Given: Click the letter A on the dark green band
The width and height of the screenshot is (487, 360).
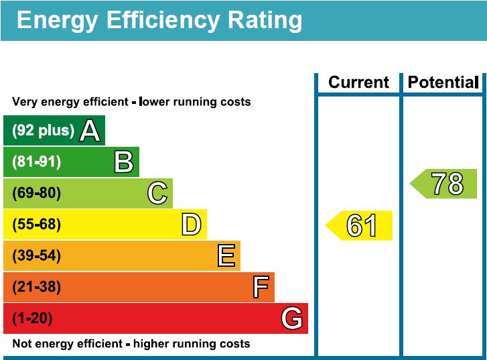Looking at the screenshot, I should pyautogui.click(x=90, y=131).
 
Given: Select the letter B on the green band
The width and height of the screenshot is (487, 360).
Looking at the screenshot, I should pyautogui.click(x=123, y=162).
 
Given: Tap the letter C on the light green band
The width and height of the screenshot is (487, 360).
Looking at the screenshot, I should pyautogui.click(x=157, y=194).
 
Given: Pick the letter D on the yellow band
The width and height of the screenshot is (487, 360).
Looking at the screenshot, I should pyautogui.click(x=191, y=225).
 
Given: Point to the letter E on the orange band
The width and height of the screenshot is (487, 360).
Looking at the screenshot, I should pyautogui.click(x=226, y=256).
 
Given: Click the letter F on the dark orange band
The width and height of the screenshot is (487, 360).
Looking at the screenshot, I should pyautogui.click(x=261, y=287).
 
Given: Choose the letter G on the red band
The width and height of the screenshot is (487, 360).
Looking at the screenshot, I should pyautogui.click(x=291, y=318).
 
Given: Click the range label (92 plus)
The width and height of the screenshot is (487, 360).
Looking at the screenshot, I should pyautogui.click(x=43, y=131).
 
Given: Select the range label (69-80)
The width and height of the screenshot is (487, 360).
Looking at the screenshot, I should pyautogui.click(x=36, y=194).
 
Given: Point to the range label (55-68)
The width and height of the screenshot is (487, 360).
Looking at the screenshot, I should pyautogui.click(x=36, y=225).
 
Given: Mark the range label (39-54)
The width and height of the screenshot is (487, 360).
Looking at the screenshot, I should pyautogui.click(x=36, y=256).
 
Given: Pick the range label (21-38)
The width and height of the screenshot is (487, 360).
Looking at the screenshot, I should pyautogui.click(x=36, y=287).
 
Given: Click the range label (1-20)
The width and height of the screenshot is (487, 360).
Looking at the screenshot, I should pyautogui.click(x=32, y=318).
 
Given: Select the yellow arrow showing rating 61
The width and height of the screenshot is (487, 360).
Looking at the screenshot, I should pyautogui.click(x=360, y=225).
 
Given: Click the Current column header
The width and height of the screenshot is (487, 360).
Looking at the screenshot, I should pyautogui.click(x=358, y=82).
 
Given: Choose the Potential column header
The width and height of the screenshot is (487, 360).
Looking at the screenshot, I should pyautogui.click(x=443, y=82).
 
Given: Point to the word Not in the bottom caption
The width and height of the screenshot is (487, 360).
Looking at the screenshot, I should pyautogui.click(x=21, y=344).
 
